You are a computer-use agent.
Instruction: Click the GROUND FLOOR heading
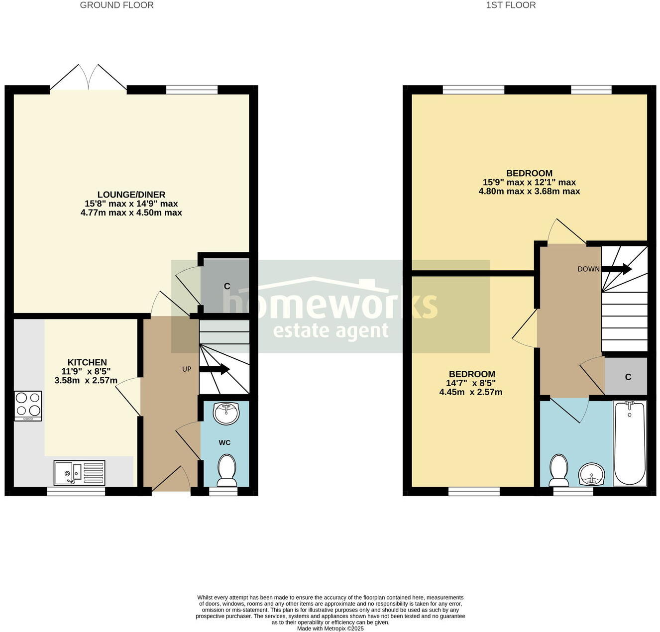click(x=116, y=5)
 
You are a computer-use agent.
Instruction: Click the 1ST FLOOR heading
click(x=511, y=5)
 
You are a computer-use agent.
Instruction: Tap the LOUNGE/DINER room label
click(x=131, y=195)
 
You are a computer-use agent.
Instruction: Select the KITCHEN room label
click(x=87, y=362)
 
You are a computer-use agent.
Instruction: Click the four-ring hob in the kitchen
click(x=28, y=406)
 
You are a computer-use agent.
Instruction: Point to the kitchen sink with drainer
click(x=80, y=473)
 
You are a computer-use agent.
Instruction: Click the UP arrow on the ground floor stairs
click(x=215, y=369)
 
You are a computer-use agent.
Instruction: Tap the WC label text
click(x=224, y=442)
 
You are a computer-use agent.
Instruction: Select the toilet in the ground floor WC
click(x=227, y=471)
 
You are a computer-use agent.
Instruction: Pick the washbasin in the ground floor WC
click(x=226, y=413)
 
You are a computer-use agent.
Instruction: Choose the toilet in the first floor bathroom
click(x=559, y=470)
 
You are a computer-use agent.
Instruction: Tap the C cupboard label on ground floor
click(x=227, y=286)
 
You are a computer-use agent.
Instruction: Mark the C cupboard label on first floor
click(x=628, y=377)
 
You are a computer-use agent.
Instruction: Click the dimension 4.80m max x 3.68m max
click(x=529, y=191)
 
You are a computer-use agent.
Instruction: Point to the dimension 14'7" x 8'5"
click(x=471, y=383)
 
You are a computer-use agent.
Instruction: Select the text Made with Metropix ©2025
click(x=330, y=629)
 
